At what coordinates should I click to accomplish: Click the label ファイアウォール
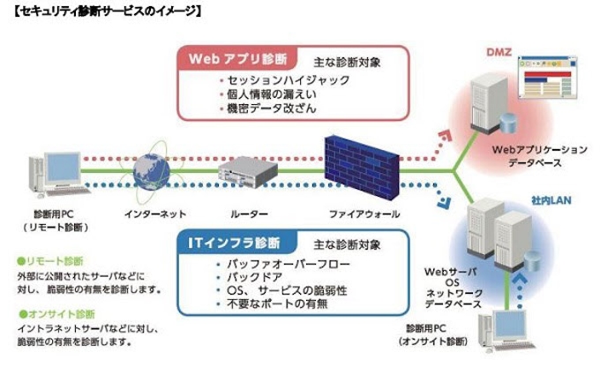click(x=364, y=214)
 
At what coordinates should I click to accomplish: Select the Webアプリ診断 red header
click(x=237, y=60)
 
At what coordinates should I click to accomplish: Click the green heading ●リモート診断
click(x=50, y=262)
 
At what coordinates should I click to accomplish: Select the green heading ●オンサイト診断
click(x=56, y=313)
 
